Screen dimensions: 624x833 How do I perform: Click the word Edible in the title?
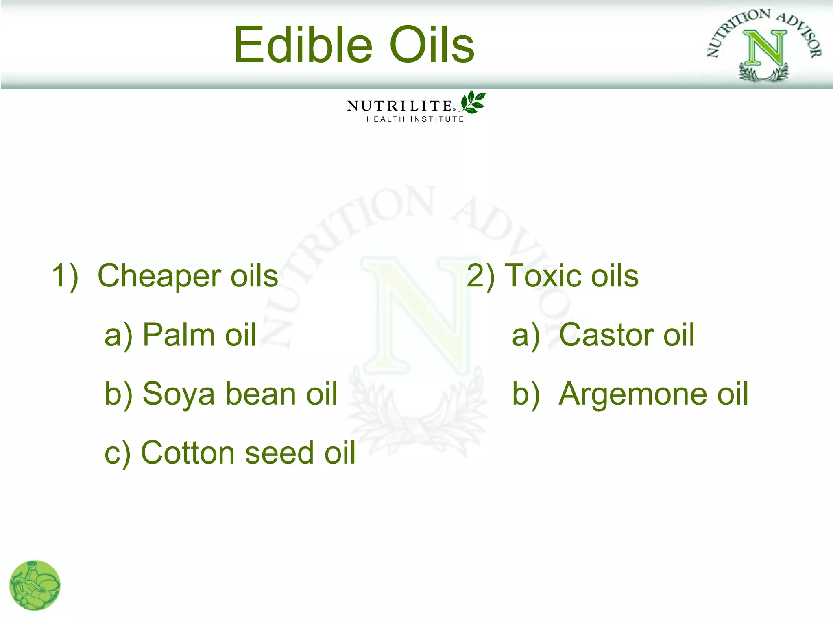pos(303,45)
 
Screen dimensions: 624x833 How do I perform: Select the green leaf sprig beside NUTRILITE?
pos(472,102)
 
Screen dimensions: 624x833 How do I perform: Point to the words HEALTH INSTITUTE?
pos(415,119)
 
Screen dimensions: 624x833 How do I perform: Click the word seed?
pos(279,453)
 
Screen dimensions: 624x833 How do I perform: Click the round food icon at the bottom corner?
pos(35,585)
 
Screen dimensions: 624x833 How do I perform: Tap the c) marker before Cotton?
pos(117,453)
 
